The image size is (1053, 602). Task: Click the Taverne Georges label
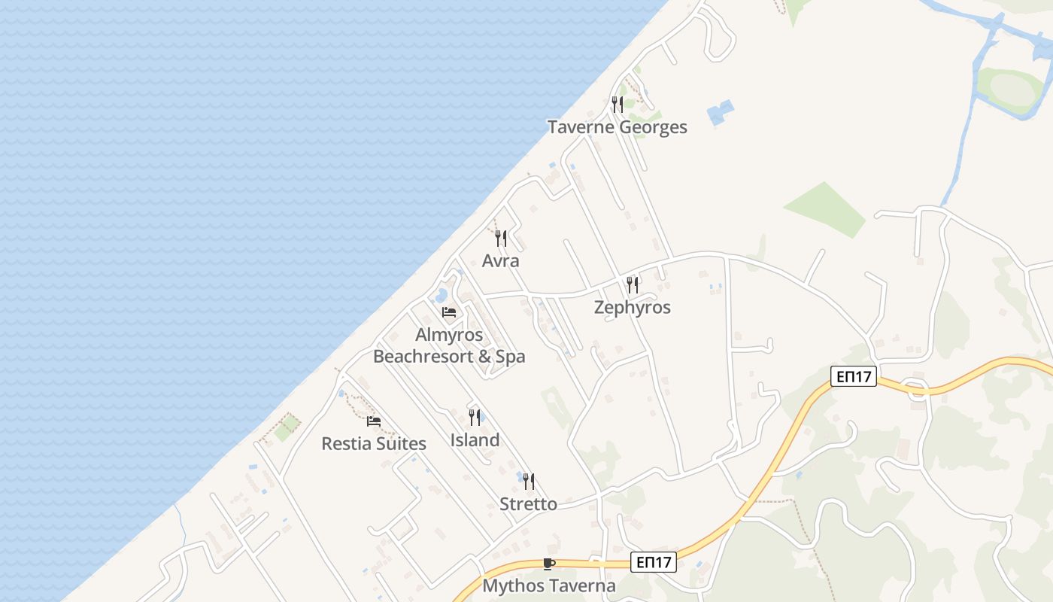point(617,127)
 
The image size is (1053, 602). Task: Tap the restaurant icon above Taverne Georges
point(618,105)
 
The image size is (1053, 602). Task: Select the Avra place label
point(501,261)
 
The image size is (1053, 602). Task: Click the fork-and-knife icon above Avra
point(501,239)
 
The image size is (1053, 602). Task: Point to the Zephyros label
point(632,307)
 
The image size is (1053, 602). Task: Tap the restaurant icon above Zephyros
point(633,284)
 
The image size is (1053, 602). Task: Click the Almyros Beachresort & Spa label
point(449,345)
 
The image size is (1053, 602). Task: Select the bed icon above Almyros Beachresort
point(449,312)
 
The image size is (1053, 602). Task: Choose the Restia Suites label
point(374,443)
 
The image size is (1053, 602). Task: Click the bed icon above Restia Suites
point(374,421)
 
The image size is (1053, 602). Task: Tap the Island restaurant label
point(475,439)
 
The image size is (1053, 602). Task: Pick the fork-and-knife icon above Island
point(475,417)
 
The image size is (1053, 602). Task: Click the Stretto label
point(529,503)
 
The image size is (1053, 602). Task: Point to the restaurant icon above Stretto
point(529,481)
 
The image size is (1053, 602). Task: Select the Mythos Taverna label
point(549,585)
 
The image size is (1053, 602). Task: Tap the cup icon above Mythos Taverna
point(549,564)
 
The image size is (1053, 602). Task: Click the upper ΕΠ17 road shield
point(854,376)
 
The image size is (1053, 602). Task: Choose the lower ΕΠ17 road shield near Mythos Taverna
point(653,561)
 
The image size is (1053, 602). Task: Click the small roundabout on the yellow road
point(917,390)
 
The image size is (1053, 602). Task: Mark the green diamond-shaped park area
point(826,209)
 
